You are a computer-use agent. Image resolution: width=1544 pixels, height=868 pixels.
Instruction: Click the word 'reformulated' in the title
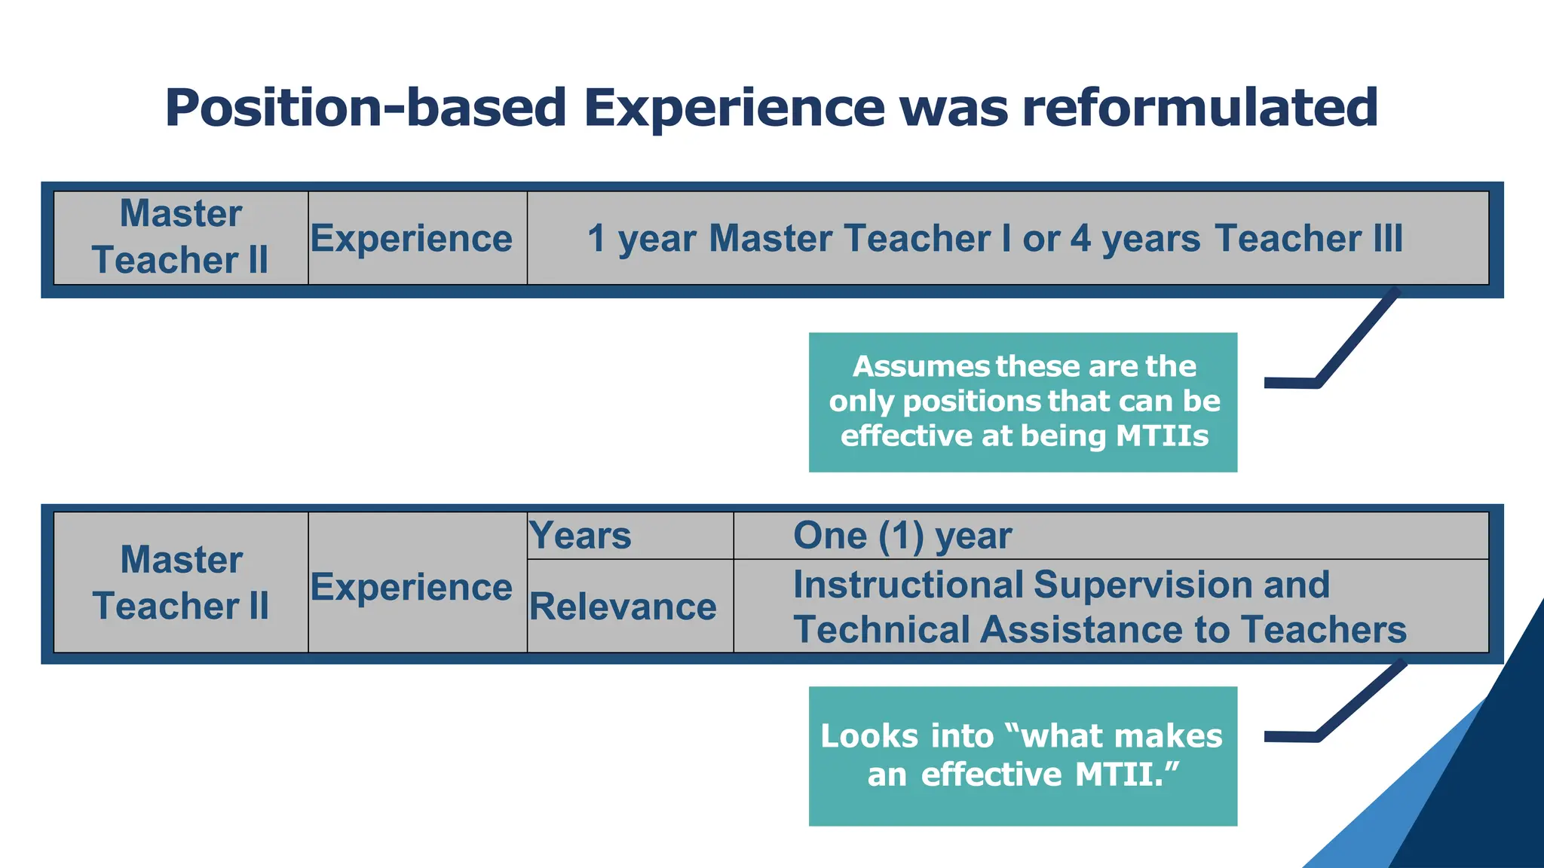click(1199, 108)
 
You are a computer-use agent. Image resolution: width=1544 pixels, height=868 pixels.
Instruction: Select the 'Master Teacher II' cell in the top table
click(181, 237)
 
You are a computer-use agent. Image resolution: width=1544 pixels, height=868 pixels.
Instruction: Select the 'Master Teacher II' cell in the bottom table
click(181, 582)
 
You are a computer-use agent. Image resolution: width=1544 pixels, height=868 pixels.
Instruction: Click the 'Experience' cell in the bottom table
click(412, 587)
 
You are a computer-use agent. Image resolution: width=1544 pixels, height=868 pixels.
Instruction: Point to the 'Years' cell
click(581, 536)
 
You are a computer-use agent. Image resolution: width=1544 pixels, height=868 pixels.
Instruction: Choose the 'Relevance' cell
click(623, 607)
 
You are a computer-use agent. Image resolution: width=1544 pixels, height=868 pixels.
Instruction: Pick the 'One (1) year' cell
click(902, 536)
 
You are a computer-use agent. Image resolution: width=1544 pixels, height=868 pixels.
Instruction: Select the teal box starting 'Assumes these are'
click(1022, 402)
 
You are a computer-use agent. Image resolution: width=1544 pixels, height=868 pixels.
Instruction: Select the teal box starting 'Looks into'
click(1022, 756)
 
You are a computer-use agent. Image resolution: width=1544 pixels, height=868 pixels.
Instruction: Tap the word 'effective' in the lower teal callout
click(991, 775)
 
